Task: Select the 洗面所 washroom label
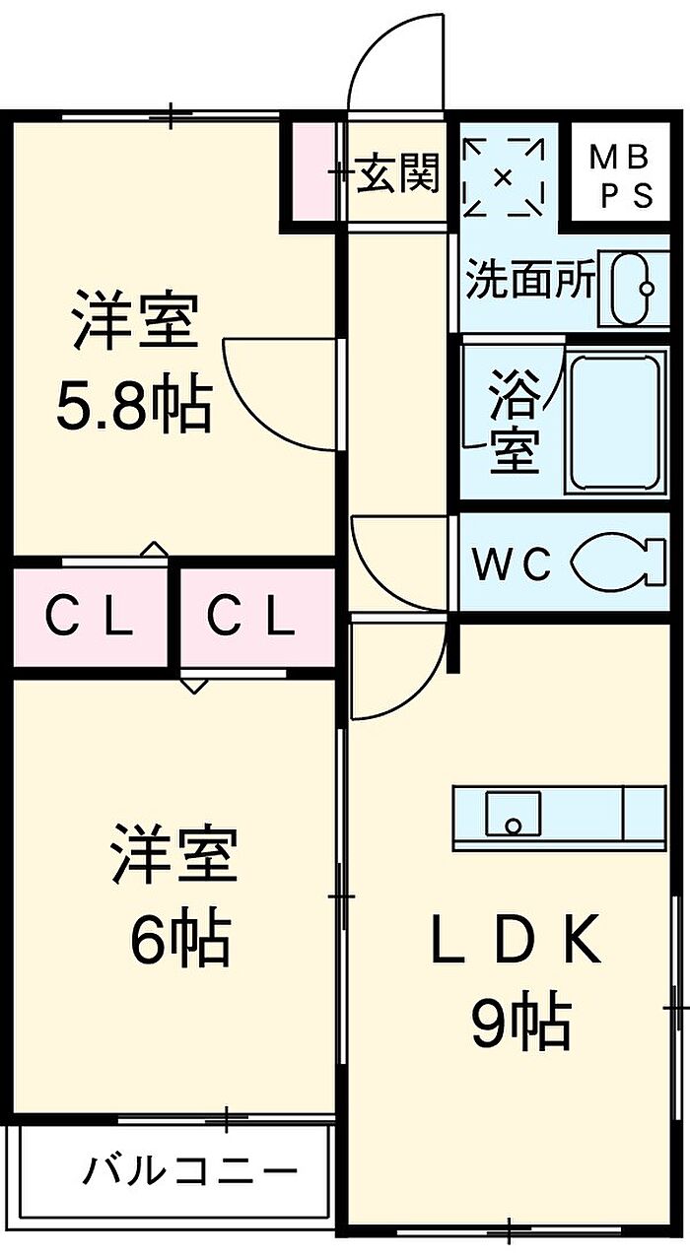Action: [531, 283]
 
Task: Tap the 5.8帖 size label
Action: [134, 406]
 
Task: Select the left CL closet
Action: [89, 619]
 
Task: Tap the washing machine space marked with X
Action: [503, 178]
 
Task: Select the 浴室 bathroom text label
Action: [515, 422]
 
